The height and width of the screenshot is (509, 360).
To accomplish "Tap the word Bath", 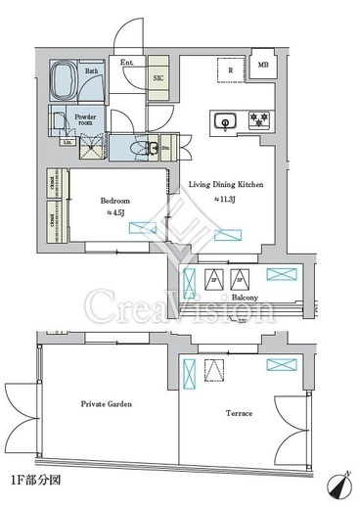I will (91, 70).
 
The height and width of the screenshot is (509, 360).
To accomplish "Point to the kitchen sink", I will (224, 122).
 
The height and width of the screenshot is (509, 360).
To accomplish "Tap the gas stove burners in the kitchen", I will (258, 121).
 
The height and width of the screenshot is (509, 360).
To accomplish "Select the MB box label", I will (263, 65).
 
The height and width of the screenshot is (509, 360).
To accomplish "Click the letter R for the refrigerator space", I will (229, 70).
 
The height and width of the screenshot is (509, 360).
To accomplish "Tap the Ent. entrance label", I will (127, 65).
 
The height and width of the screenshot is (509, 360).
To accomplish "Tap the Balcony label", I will (245, 298).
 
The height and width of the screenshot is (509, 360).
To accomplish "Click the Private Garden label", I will (106, 403).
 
